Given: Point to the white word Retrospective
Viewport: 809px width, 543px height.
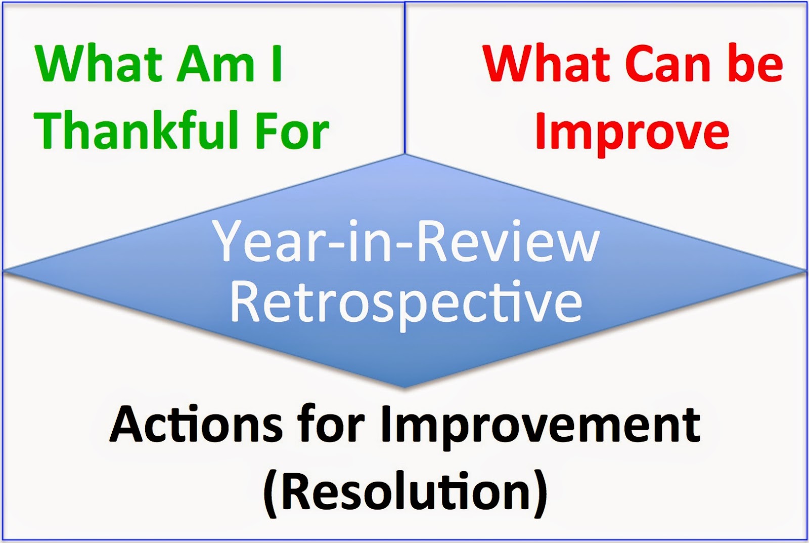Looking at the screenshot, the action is point(406,304).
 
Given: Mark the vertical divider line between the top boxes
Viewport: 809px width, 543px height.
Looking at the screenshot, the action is point(405,78).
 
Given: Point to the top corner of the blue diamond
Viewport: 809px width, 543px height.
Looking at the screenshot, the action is point(405,154).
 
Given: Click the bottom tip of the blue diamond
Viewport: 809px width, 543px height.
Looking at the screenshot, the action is point(404,388).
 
